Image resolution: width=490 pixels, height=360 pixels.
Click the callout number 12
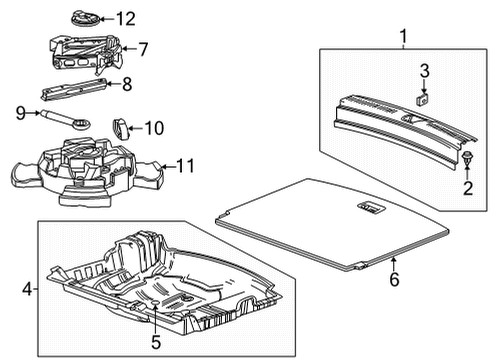click(125, 18)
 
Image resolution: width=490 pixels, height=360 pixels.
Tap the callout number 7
click(142, 47)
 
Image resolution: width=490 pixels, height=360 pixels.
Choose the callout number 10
click(153, 127)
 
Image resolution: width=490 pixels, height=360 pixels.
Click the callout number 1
click(403, 39)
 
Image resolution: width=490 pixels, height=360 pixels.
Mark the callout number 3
click(423, 70)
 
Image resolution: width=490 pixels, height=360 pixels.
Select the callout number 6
click(393, 280)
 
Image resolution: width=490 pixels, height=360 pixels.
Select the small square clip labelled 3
click(423, 97)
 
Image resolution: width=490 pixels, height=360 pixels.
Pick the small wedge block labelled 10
click(121, 127)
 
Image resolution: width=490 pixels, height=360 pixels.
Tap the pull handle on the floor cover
click(368, 207)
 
